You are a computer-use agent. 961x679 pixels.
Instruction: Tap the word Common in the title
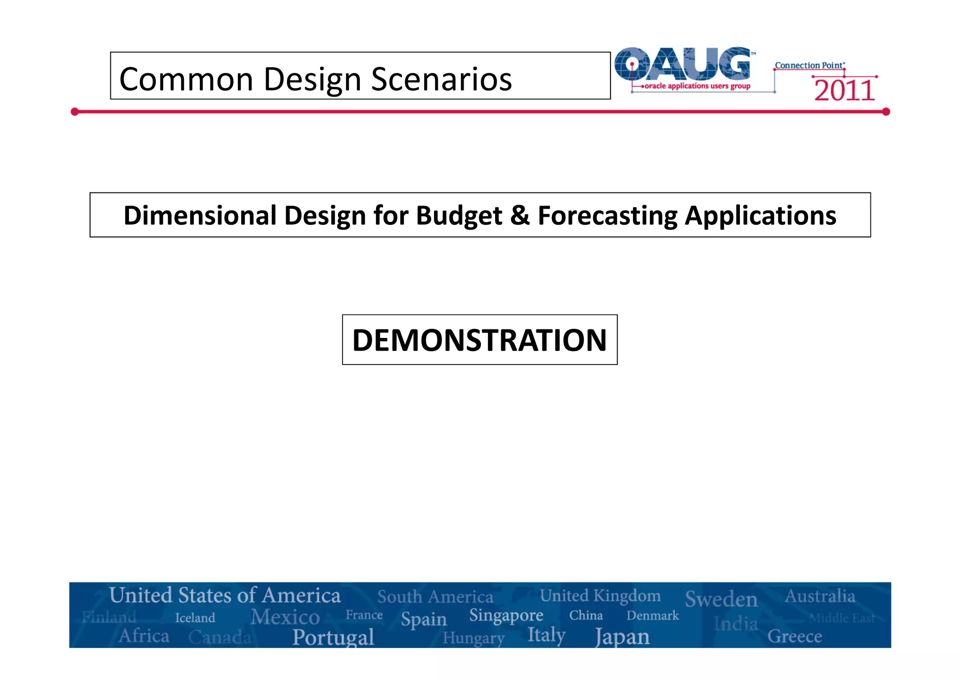click(x=187, y=79)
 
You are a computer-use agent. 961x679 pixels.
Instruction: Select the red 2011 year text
click(x=844, y=91)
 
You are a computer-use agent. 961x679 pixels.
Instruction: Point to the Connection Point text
click(x=809, y=65)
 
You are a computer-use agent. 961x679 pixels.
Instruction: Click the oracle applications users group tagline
click(x=697, y=86)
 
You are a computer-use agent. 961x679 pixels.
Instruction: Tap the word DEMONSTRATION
click(x=480, y=340)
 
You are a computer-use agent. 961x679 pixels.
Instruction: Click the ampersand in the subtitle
click(x=520, y=215)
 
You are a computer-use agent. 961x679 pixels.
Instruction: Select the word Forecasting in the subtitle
click(x=608, y=215)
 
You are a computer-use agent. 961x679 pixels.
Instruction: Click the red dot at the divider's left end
click(x=75, y=112)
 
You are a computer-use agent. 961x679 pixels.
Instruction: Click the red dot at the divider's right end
click(x=886, y=112)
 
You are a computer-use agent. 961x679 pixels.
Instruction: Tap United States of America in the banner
click(x=225, y=595)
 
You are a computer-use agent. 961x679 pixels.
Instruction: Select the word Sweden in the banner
click(x=721, y=599)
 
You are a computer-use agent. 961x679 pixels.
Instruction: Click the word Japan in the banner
click(x=622, y=637)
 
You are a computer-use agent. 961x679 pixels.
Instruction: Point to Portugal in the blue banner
click(x=333, y=637)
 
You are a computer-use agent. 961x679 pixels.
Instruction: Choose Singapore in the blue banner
click(x=506, y=615)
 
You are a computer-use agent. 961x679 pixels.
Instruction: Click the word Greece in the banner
click(x=794, y=636)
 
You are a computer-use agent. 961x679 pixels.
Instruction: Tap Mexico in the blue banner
click(x=285, y=617)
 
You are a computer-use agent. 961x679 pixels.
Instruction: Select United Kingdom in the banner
click(x=600, y=595)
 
